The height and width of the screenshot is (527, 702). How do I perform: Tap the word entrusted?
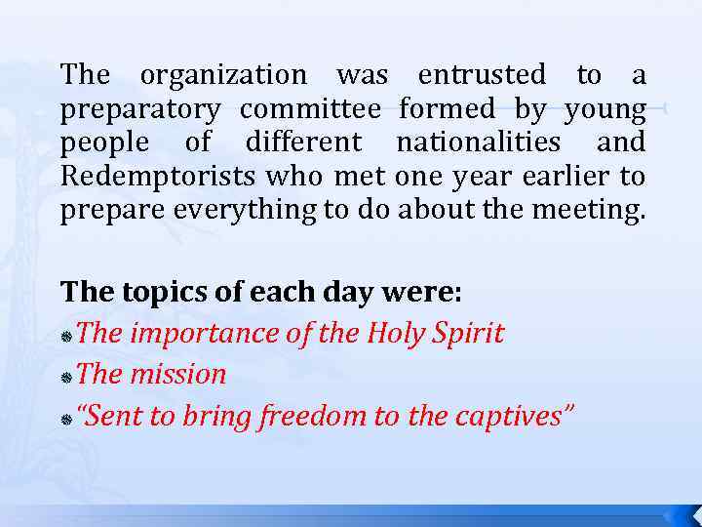482,74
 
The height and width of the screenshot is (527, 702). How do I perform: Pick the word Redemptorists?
154,177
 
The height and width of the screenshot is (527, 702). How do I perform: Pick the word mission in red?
179,374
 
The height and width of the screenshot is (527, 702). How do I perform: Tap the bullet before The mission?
65,377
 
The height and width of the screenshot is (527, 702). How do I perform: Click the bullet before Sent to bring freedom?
65,419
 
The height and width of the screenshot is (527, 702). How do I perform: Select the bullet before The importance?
65,336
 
